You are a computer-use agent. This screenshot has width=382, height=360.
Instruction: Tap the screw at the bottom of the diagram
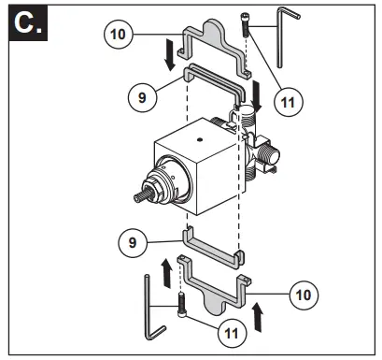(178, 303)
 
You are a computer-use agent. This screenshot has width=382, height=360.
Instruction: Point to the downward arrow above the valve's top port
(257, 94)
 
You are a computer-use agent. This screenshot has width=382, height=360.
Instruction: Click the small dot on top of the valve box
(199, 139)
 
